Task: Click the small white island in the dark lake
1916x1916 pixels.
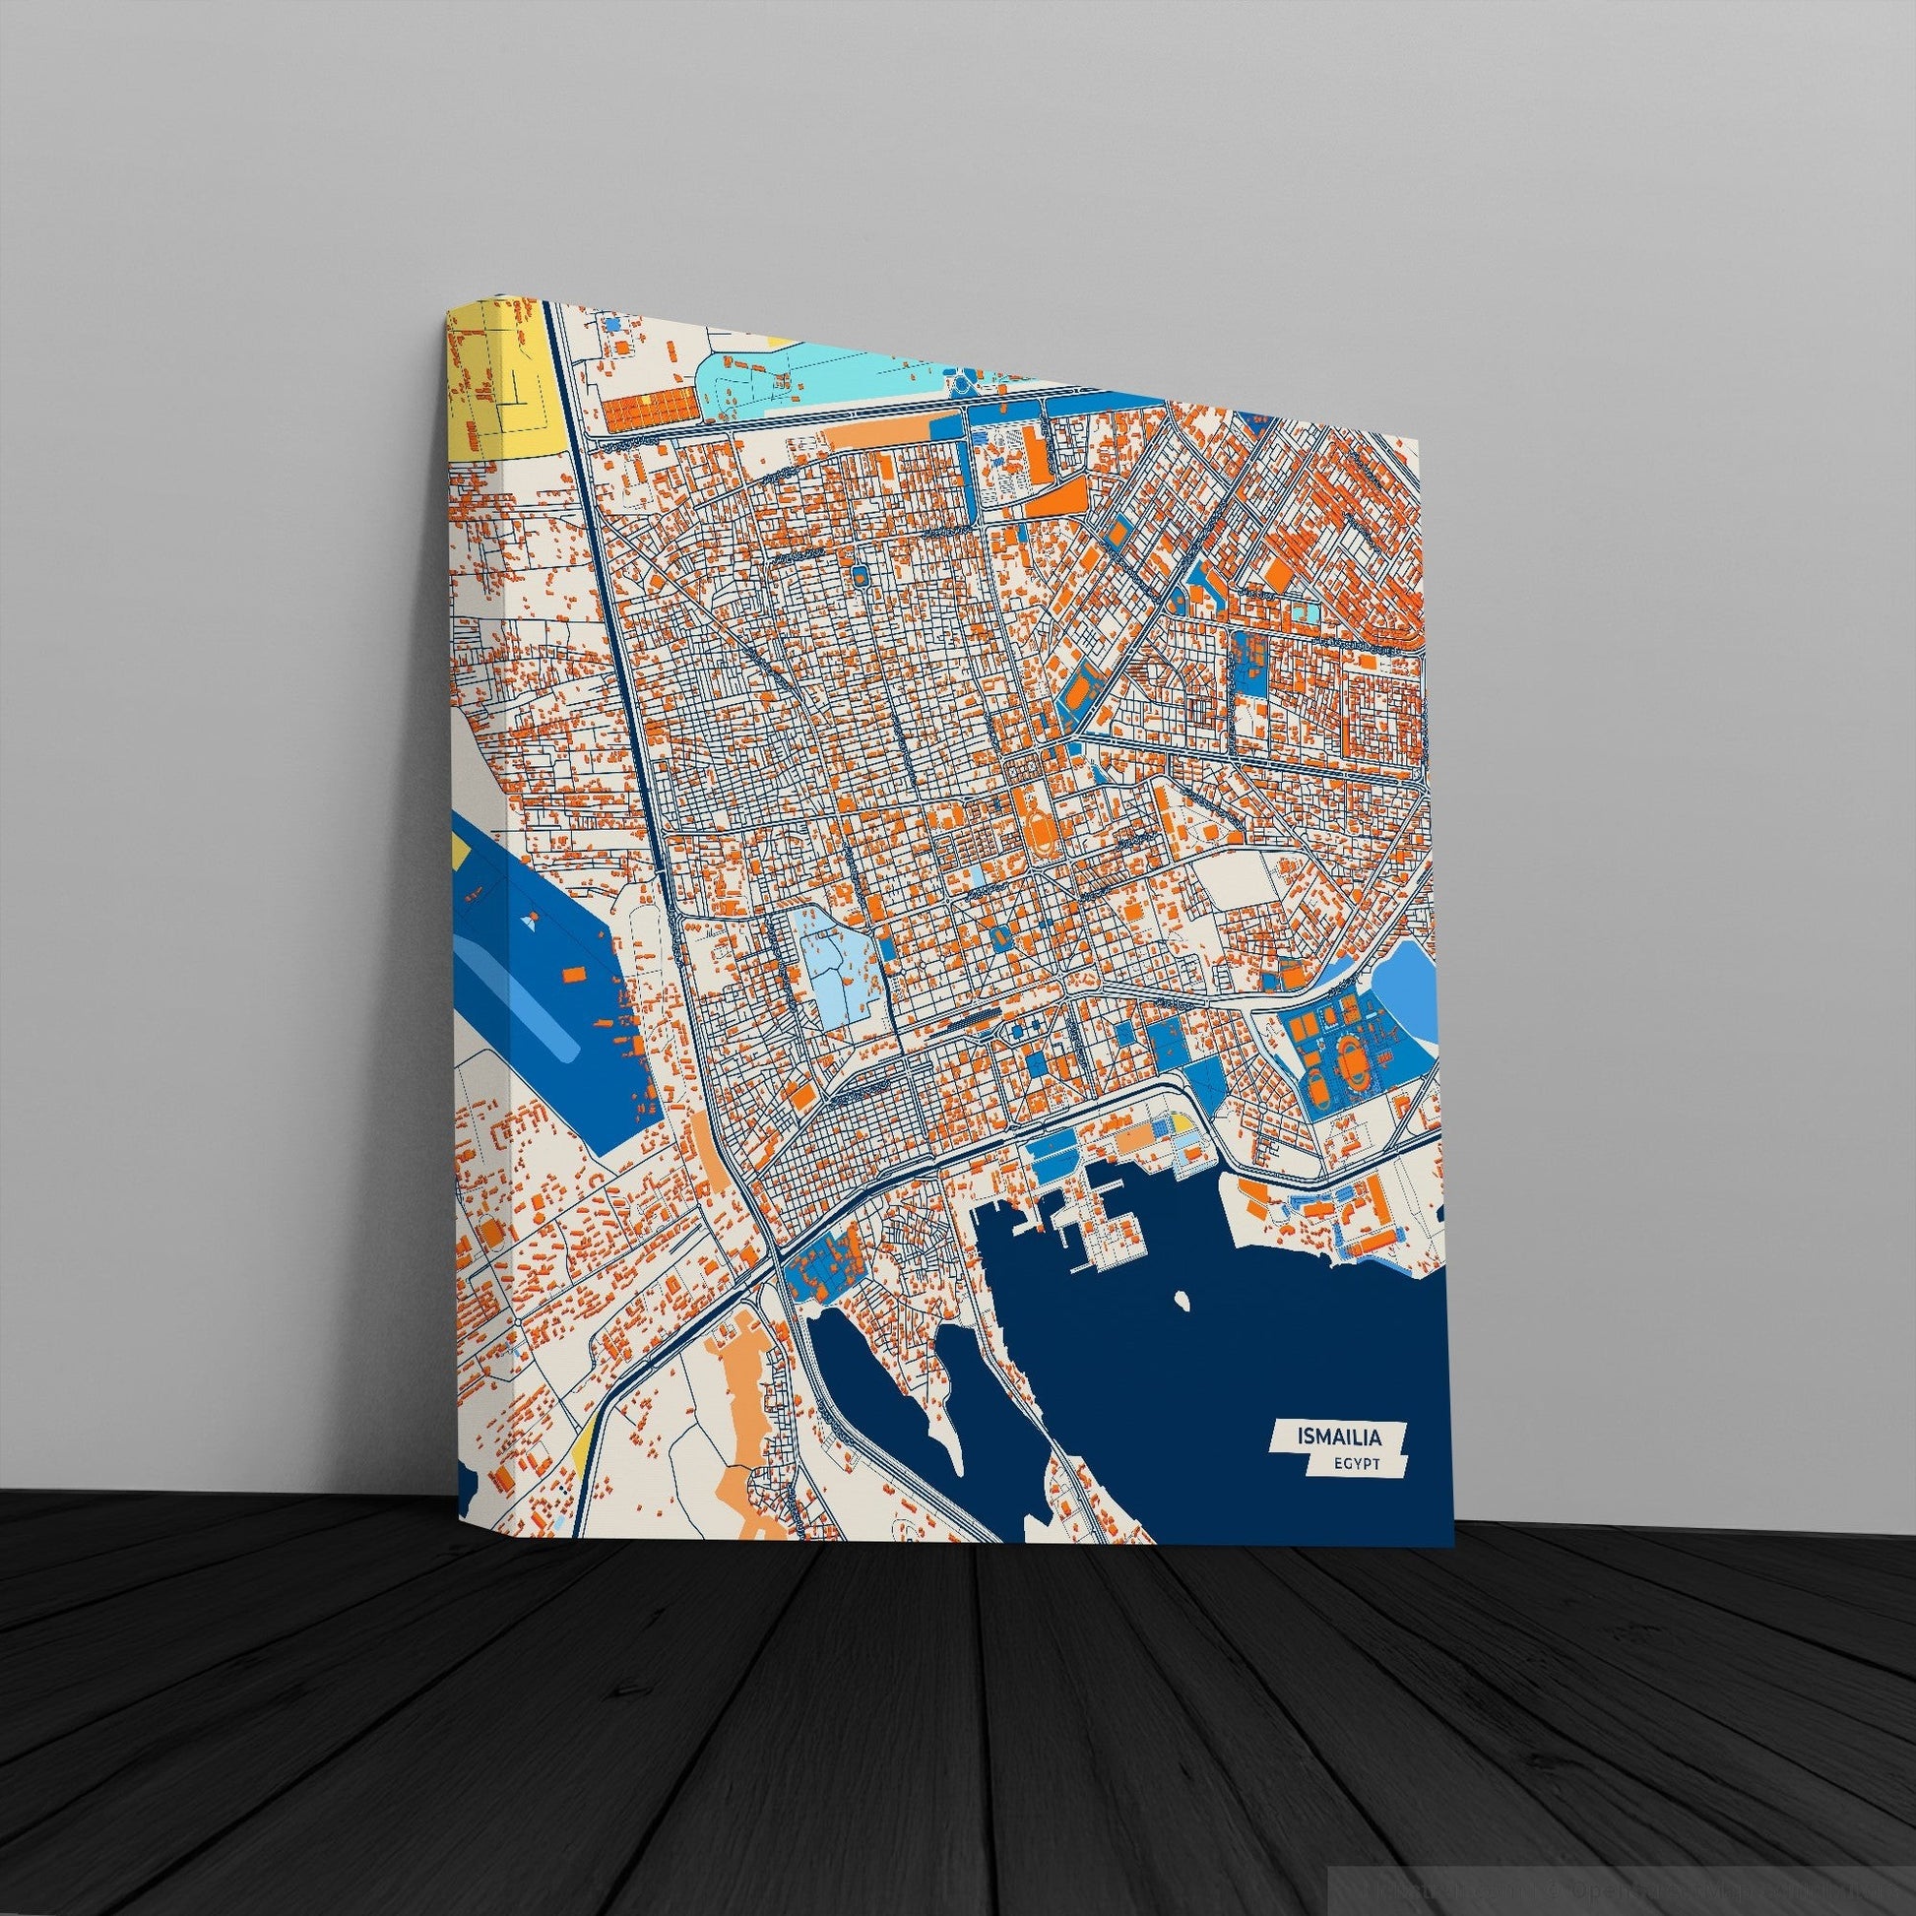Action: coord(1181,1298)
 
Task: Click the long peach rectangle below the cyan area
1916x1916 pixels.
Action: coord(872,434)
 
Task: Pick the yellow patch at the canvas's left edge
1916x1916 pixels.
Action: coord(459,848)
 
